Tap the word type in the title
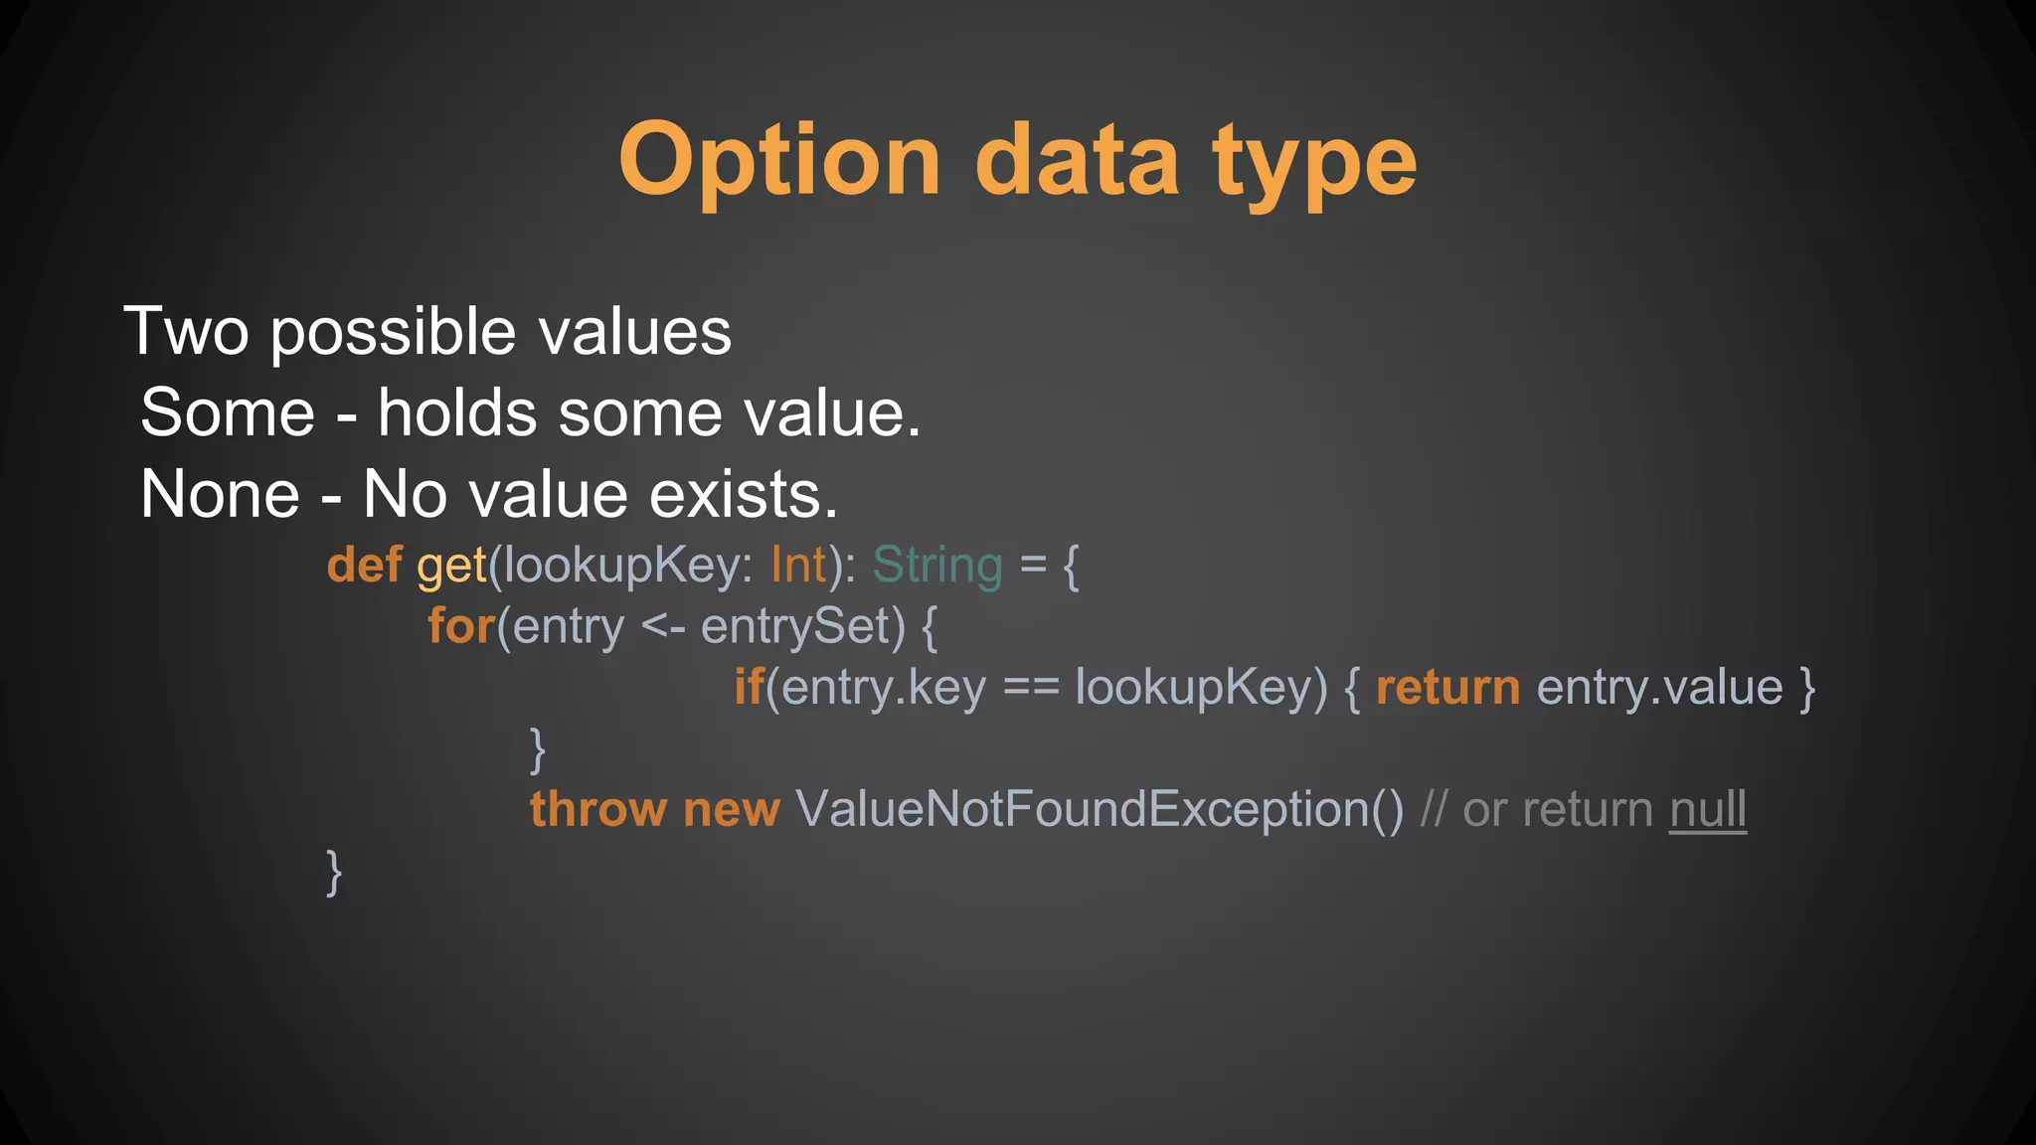[x=1314, y=163]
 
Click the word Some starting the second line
[x=228, y=412]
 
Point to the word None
[x=220, y=494]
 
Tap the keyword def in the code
[x=364, y=565]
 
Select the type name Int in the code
[x=798, y=565]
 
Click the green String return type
[x=937, y=565]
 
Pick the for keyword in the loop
[x=461, y=626]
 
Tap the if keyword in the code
[x=749, y=687]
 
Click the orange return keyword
[x=1447, y=687]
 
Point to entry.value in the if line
[x=1659, y=687]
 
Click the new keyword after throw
[x=732, y=809]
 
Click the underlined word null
[x=1707, y=809]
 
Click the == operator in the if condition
[x=1031, y=687]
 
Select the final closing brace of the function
[x=334, y=872]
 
